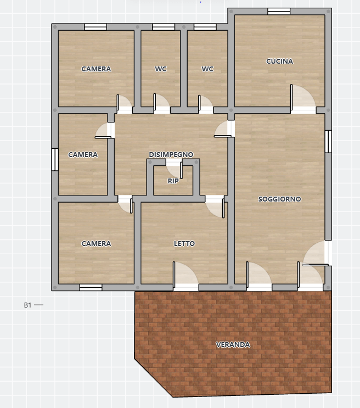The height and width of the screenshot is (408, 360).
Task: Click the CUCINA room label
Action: (x=279, y=61)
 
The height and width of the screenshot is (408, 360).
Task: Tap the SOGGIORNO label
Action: (x=280, y=199)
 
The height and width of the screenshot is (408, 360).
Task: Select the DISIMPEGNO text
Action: (x=171, y=154)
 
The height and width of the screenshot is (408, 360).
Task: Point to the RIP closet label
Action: (x=173, y=181)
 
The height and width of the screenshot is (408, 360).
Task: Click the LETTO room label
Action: (x=184, y=244)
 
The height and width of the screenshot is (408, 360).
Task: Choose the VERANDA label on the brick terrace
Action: (x=233, y=345)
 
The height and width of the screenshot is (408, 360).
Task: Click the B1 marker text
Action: (x=27, y=305)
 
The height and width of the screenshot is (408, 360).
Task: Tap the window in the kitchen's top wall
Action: (x=279, y=12)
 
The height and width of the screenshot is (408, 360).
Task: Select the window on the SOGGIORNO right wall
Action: (x=328, y=141)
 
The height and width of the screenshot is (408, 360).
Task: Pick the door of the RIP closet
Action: (x=181, y=170)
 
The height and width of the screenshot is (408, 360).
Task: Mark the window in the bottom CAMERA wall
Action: (x=91, y=288)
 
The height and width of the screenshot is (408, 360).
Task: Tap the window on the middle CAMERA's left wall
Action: (x=55, y=159)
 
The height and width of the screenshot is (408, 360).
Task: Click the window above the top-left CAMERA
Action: (x=95, y=27)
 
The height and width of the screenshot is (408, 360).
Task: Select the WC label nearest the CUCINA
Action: (x=207, y=69)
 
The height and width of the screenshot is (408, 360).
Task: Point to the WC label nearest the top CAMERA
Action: (x=160, y=69)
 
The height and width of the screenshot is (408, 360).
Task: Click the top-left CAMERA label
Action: (x=96, y=69)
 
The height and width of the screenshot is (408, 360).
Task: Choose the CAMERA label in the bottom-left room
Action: (x=96, y=244)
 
